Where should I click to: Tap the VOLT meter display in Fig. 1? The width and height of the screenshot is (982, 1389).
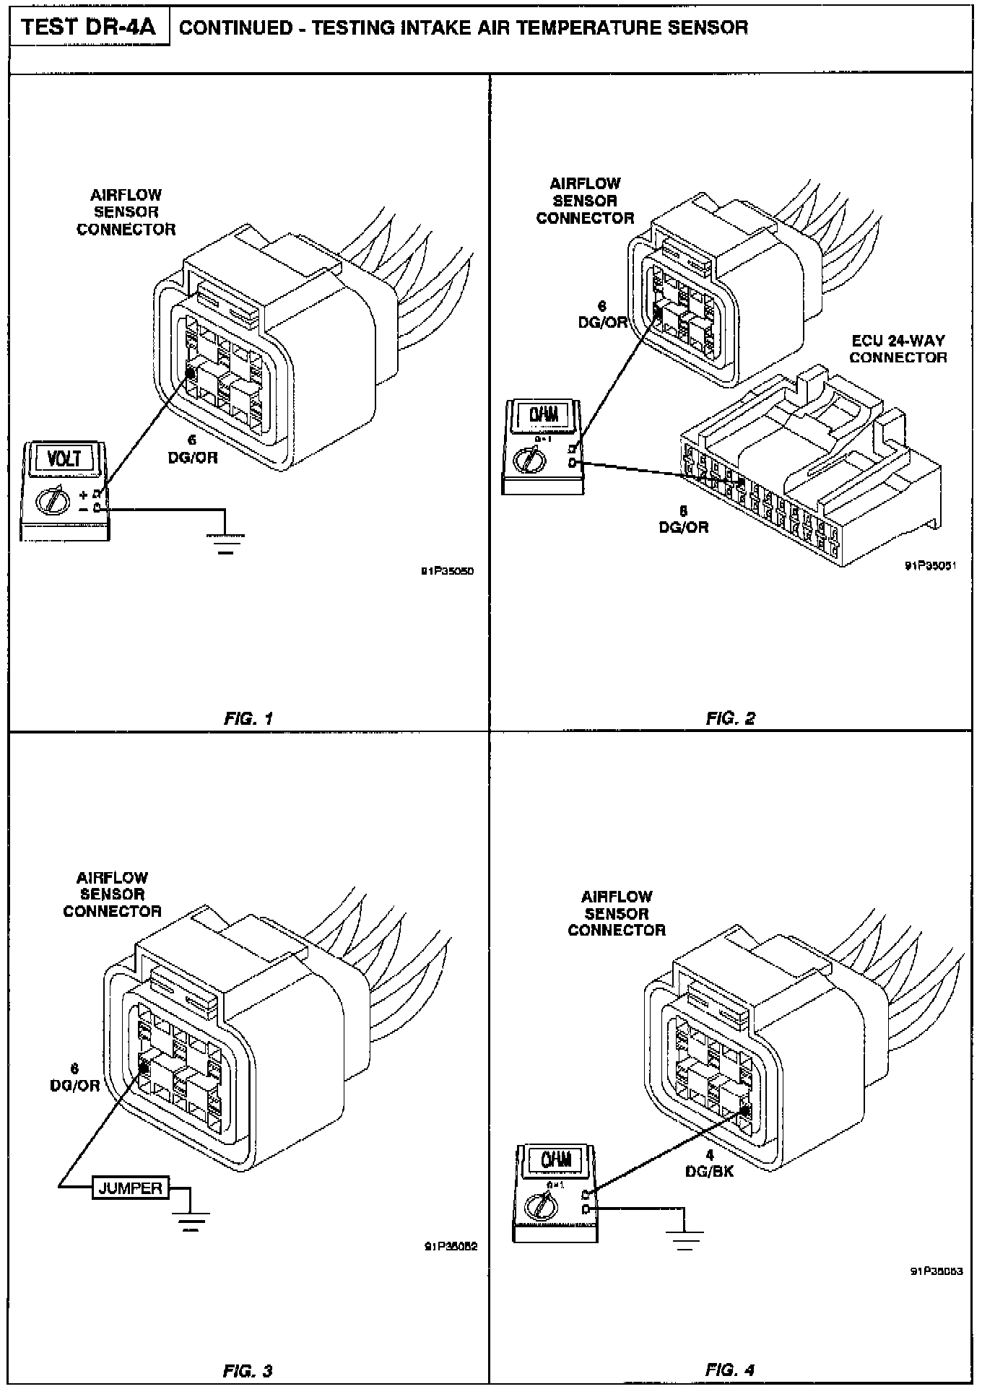(x=65, y=460)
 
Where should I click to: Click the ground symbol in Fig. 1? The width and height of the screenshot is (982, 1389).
(x=226, y=544)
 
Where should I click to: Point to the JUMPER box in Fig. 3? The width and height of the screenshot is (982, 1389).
(x=131, y=1188)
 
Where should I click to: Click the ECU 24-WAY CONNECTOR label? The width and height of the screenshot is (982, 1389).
(x=898, y=349)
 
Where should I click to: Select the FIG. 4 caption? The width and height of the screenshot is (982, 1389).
(x=730, y=1370)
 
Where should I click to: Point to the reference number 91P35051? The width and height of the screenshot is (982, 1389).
(x=931, y=566)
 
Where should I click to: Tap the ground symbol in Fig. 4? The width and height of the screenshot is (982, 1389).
(x=685, y=1240)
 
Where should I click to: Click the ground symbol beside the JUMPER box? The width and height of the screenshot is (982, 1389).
(x=191, y=1221)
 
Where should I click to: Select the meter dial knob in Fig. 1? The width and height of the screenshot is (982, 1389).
(x=52, y=499)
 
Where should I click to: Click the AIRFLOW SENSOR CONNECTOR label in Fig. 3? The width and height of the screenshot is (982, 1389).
(x=112, y=894)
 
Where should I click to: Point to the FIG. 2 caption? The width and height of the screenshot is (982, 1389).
(x=730, y=718)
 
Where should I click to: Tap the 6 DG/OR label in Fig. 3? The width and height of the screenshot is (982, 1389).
(x=74, y=1077)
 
